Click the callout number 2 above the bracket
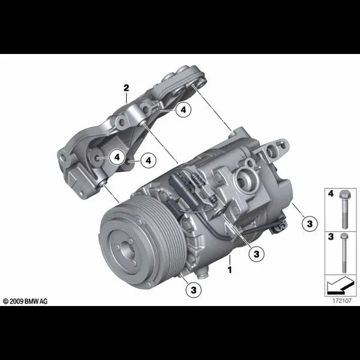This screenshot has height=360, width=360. pos(126,88)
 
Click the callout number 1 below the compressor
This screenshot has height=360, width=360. pos(230,269)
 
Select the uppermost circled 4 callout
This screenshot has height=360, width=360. pos(184,110)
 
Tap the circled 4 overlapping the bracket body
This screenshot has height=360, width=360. pos(118,157)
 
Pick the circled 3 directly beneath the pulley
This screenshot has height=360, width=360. pos(194,290)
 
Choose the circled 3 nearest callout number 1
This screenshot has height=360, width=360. pos(256,254)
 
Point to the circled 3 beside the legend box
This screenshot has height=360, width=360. pos(310,224)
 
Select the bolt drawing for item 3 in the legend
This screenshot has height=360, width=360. pos(344,253)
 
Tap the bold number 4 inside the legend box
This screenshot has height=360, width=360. pos(331,194)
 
